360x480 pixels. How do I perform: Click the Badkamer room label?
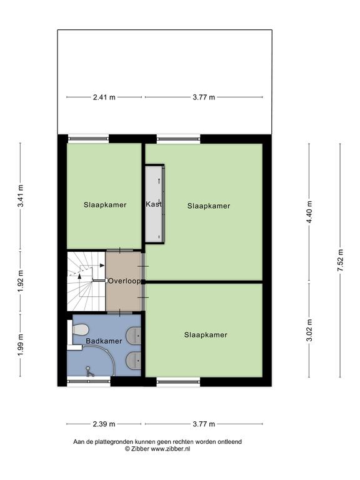pyautogui.click(x=104, y=341)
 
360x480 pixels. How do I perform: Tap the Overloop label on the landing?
pyautogui.click(x=124, y=281)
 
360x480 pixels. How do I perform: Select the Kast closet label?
pyautogui.click(x=154, y=204)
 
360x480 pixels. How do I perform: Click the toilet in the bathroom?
pyautogui.click(x=80, y=329)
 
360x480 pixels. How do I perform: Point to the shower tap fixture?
pyautogui.click(x=89, y=371)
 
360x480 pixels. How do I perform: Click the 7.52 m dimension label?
pyautogui.click(x=340, y=260)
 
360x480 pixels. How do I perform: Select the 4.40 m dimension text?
pyautogui.click(x=309, y=212)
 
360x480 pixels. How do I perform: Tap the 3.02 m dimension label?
pyautogui.click(x=309, y=330)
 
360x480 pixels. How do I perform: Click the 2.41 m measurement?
pyautogui.click(x=104, y=97)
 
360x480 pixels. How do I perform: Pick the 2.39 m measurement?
pyautogui.click(x=104, y=424)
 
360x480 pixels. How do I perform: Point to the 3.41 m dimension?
pyautogui.click(x=21, y=196)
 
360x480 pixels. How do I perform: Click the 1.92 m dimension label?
pyautogui.click(x=21, y=281)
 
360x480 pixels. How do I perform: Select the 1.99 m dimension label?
pyautogui.click(x=21, y=345)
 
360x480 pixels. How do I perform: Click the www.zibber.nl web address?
pyautogui.click(x=171, y=449)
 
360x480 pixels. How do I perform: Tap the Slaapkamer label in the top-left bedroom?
pyautogui.click(x=105, y=205)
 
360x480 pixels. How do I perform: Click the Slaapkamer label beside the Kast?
pyautogui.click(x=209, y=206)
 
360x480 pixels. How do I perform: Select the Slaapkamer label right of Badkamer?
pyautogui.click(x=206, y=335)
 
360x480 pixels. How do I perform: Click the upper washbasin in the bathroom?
pyautogui.click(x=134, y=335)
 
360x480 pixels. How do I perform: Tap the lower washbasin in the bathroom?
pyautogui.click(x=134, y=361)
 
